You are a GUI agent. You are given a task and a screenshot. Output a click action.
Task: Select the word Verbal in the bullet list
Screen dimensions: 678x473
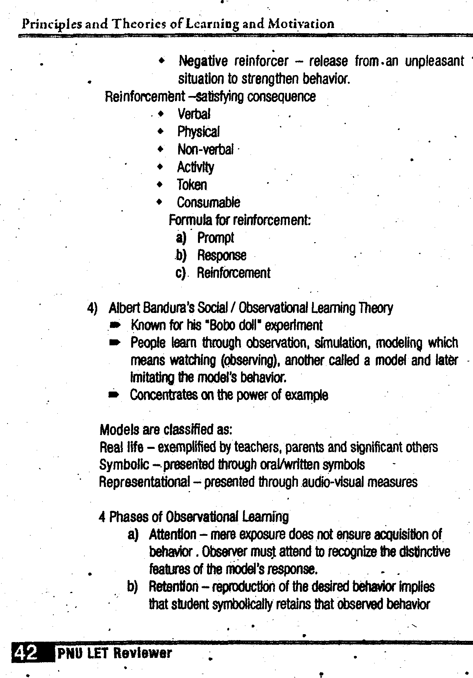coord(194,114)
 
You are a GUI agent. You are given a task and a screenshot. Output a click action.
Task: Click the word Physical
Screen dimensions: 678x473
coord(198,132)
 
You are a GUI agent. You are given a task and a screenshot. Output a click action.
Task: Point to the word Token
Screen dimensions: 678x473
coord(192,185)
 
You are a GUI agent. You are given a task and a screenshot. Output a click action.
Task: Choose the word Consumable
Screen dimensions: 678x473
coord(208,203)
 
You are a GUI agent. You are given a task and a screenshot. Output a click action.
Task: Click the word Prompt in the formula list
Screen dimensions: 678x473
coord(215,238)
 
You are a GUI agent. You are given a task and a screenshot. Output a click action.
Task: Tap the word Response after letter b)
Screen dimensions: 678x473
coord(222,256)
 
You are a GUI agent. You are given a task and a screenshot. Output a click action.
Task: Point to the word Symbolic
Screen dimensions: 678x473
coord(124,465)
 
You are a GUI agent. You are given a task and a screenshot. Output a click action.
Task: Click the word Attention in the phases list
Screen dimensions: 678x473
coord(172,535)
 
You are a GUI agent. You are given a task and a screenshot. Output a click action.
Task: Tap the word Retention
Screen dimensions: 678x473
coord(173,587)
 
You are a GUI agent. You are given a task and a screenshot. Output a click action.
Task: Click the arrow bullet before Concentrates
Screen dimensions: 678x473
coord(114,395)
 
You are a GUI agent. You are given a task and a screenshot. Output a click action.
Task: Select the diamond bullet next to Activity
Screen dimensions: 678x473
coord(160,167)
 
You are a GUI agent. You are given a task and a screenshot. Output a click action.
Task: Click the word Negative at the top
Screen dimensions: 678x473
coord(203,62)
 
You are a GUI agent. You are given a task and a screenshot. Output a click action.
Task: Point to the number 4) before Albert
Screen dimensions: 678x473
coord(92,308)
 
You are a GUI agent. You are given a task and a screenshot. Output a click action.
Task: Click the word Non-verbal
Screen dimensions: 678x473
coord(205,150)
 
